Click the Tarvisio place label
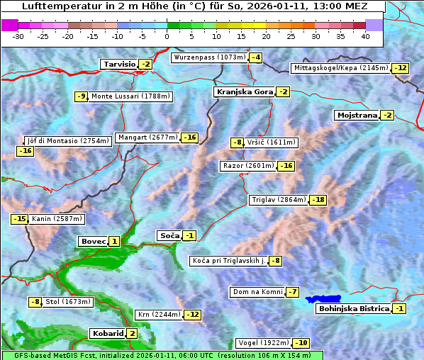pyautogui.click(x=119, y=64)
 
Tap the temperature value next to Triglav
pyautogui.click(x=318, y=200)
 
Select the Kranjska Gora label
pyautogui.click(x=244, y=92)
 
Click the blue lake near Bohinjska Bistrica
pyautogui.click(x=323, y=300)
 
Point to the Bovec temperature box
pyautogui.click(x=114, y=242)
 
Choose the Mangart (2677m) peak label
pyautogui.click(x=148, y=137)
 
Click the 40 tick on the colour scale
pyautogui.click(x=365, y=35)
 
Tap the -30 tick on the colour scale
pyautogui.click(x=18, y=35)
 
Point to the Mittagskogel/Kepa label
pyautogui.click(x=341, y=68)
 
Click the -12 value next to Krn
pyautogui.click(x=192, y=315)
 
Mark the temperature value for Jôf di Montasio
pyautogui.click(x=26, y=151)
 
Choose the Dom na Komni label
pyautogui.click(x=257, y=292)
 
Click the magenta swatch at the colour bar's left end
pyautogui.click(x=9, y=24)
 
